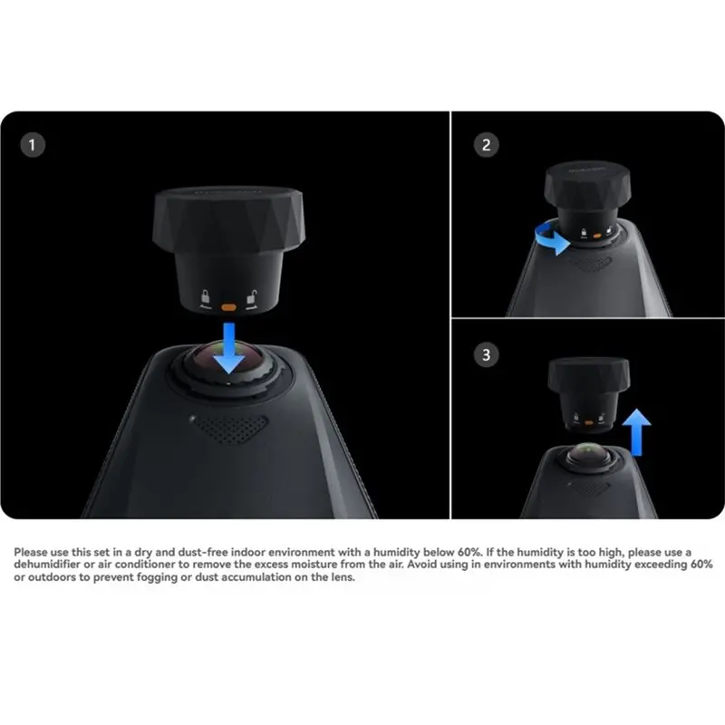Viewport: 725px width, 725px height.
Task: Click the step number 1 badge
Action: click(33, 145)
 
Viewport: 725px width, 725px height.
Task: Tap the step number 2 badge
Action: click(486, 145)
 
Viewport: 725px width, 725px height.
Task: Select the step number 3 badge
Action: click(486, 355)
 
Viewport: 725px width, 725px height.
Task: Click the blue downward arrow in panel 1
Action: click(229, 348)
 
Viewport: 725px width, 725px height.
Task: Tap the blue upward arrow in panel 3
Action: click(637, 432)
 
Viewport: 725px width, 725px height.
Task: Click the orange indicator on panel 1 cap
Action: click(228, 307)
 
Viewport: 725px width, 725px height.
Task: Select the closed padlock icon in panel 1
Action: click(205, 297)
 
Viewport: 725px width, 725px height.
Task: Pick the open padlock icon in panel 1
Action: click(252, 297)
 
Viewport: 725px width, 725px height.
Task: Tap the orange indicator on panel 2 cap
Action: click(597, 236)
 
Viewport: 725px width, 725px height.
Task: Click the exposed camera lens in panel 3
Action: click(588, 454)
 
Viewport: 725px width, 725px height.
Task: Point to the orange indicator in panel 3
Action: click(588, 422)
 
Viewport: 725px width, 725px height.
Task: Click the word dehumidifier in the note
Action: click(47, 565)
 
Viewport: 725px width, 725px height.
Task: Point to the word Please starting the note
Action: click(31, 552)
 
